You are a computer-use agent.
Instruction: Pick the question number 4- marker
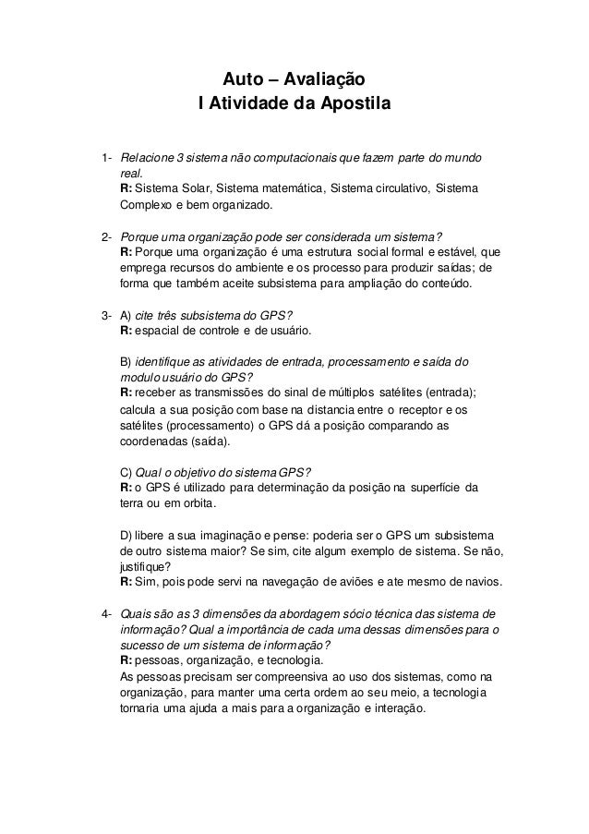click(x=106, y=613)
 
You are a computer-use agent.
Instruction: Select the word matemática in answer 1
click(x=285, y=188)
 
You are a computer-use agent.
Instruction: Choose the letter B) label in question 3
click(x=128, y=360)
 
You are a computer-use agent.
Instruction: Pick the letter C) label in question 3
click(x=128, y=474)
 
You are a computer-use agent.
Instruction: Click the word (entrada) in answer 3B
click(x=445, y=393)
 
